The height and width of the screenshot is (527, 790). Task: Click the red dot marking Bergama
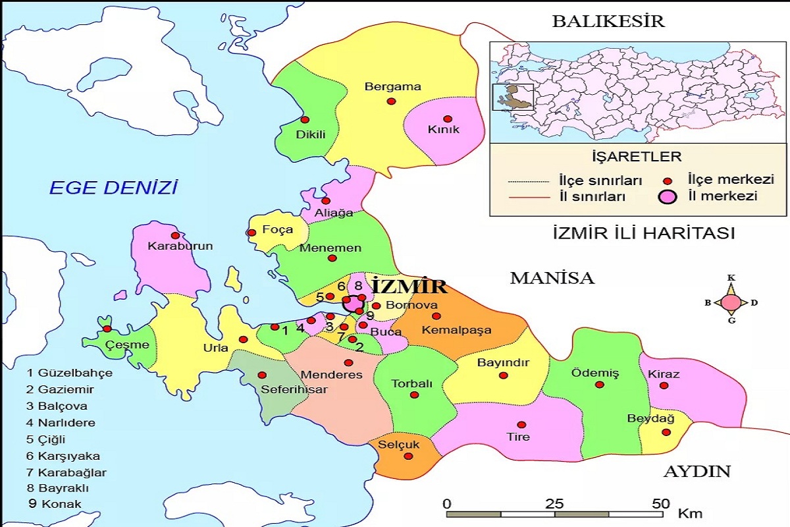[x=391, y=101]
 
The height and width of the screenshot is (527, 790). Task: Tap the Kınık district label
[x=443, y=130]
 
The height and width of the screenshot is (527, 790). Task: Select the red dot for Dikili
[x=305, y=120]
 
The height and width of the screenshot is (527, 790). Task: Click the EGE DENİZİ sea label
[x=114, y=188]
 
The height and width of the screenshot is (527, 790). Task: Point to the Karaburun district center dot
[x=174, y=235]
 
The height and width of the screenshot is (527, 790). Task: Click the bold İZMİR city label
[x=408, y=287]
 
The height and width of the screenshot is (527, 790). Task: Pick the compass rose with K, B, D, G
[x=731, y=303]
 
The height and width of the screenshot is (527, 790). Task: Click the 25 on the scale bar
[x=554, y=504]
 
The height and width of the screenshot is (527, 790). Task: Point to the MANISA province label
[x=552, y=278]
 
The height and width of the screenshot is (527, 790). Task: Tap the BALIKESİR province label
[x=608, y=21]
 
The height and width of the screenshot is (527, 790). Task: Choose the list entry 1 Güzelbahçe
[x=69, y=373]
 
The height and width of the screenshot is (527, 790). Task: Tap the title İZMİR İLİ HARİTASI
[x=643, y=233]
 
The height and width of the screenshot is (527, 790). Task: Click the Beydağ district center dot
[x=666, y=432]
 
